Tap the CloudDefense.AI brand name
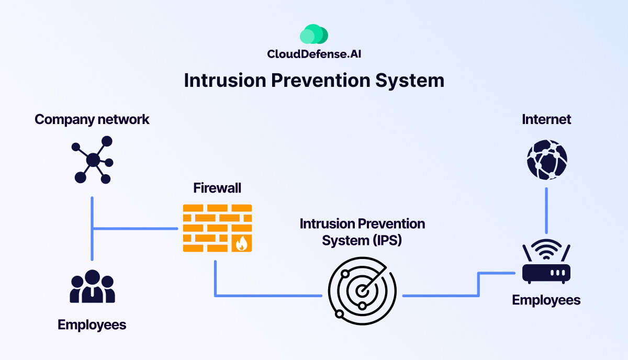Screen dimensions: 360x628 (x=314, y=54)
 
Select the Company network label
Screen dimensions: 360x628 (x=92, y=119)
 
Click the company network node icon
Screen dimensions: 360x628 (x=93, y=160)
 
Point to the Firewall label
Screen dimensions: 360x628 (x=217, y=188)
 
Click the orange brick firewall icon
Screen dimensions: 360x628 (x=217, y=228)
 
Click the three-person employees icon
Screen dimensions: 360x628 (x=92, y=287)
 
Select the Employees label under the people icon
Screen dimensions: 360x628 (x=92, y=325)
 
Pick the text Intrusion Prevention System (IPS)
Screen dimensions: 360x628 (x=362, y=232)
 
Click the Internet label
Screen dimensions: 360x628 (x=546, y=119)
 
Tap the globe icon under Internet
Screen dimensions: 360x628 (x=547, y=160)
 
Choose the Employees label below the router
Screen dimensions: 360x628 (x=546, y=300)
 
